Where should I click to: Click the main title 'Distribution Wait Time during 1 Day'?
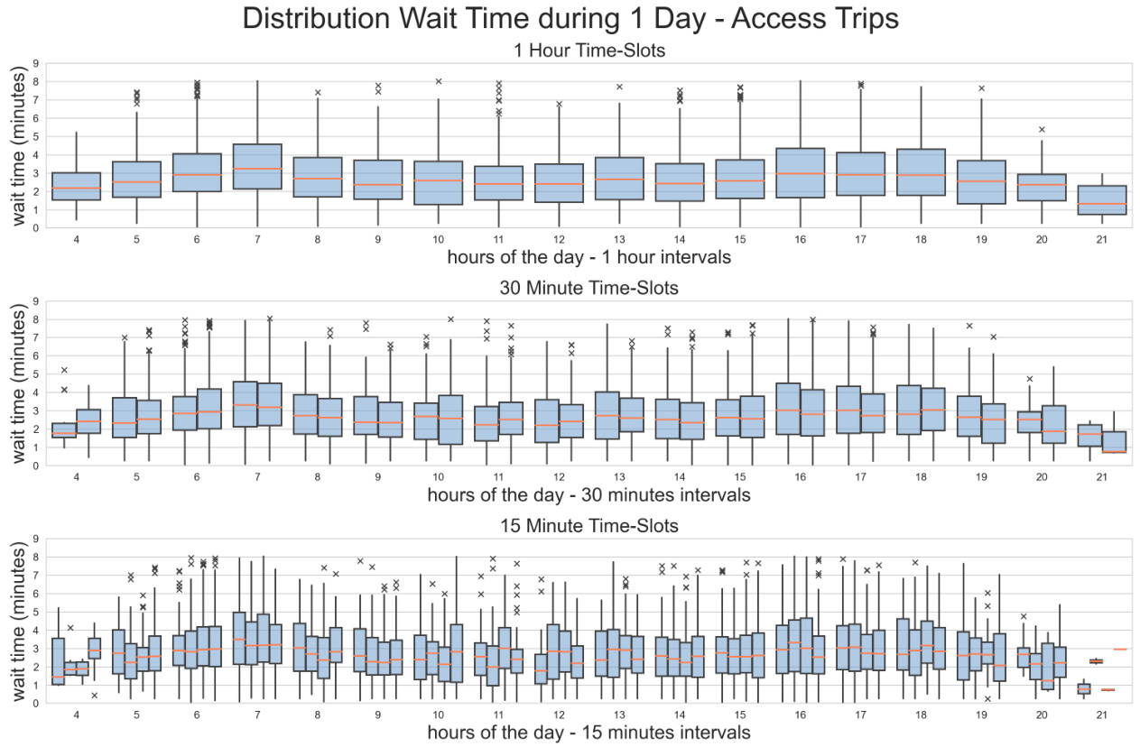pos(570,20)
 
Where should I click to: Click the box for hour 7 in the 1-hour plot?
pos(256,167)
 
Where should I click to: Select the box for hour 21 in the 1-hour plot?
pos(1101,199)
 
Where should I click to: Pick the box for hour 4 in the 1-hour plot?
pos(76,186)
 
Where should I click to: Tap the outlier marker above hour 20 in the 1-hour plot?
pos(1041,130)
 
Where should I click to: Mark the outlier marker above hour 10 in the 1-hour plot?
pos(439,81)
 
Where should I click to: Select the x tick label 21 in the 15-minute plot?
pos(1101,715)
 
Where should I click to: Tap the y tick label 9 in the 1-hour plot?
pos(35,64)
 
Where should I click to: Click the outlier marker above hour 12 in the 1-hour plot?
pos(559,104)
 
